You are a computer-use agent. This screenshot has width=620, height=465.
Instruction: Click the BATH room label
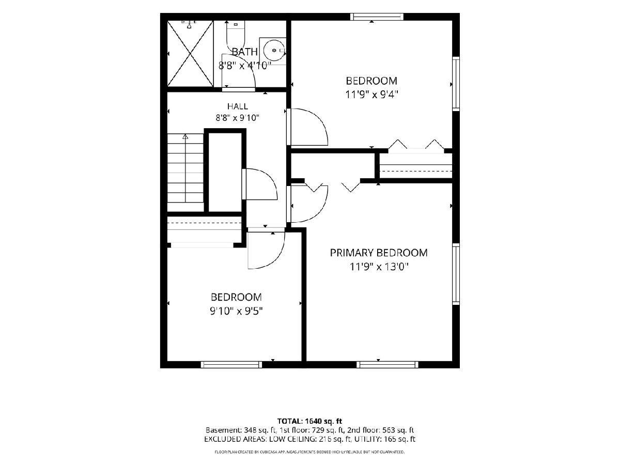tap(244, 52)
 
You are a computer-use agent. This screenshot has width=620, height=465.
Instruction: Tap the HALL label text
tap(238, 106)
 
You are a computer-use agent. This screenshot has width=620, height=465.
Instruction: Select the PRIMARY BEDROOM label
tap(379, 253)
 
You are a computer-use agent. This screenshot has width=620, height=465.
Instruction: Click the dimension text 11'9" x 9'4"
tap(371, 95)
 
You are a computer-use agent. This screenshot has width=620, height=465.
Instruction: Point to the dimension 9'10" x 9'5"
tap(236, 311)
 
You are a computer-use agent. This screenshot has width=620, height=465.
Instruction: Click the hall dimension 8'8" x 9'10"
tap(238, 117)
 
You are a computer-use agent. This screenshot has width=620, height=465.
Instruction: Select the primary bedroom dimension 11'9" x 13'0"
tap(379, 266)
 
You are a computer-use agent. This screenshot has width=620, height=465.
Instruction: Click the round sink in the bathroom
tap(273, 50)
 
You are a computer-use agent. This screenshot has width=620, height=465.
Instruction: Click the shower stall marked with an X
tap(190, 53)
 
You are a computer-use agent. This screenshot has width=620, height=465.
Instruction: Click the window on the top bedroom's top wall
tap(377, 17)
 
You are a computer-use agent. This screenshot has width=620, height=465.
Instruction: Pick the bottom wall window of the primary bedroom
tap(388, 364)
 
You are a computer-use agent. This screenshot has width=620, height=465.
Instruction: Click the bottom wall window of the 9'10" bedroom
tap(231, 364)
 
